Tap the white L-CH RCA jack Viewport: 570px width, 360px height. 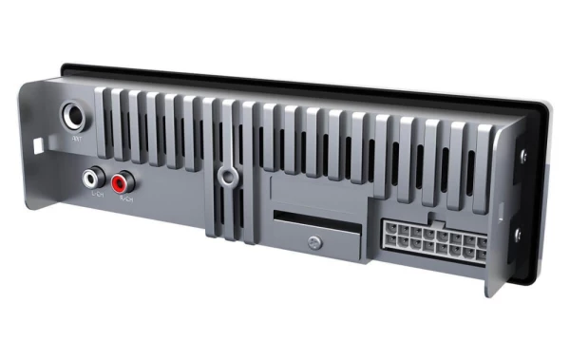tap(93, 178)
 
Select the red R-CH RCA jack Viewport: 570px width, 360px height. tap(122, 180)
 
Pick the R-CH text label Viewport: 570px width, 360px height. tap(126, 199)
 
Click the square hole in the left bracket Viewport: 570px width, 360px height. tap(38, 147)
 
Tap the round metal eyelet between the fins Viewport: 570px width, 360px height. tap(227, 176)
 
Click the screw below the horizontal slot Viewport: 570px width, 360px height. tap(312, 243)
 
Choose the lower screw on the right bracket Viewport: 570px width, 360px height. tap(518, 233)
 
